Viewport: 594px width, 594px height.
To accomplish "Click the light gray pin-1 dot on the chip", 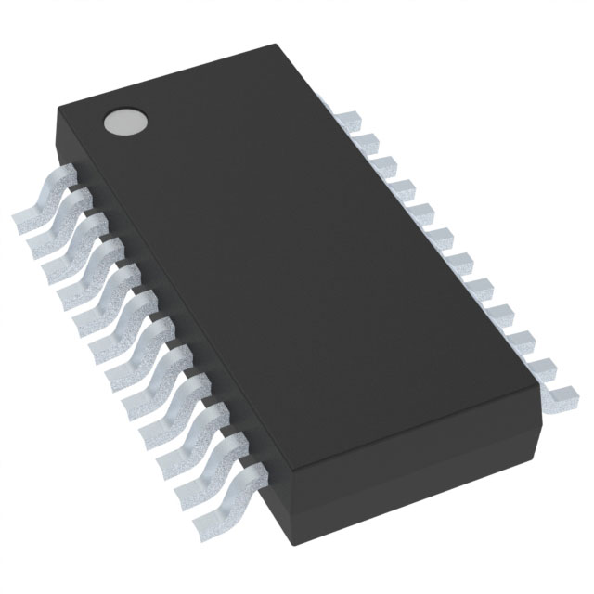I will (x=126, y=121).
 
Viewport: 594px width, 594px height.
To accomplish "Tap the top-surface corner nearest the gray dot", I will (x=58, y=110).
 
